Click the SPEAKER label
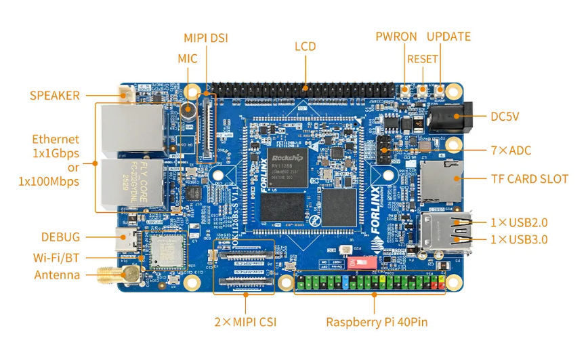(x=54, y=96)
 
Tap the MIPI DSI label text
(x=206, y=38)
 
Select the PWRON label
(x=396, y=37)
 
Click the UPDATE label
(x=448, y=37)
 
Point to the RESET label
(x=422, y=59)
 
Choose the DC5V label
(x=505, y=117)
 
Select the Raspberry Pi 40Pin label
(x=377, y=322)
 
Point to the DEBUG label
(x=60, y=237)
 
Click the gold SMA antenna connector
(x=112, y=275)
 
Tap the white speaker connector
(x=125, y=95)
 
